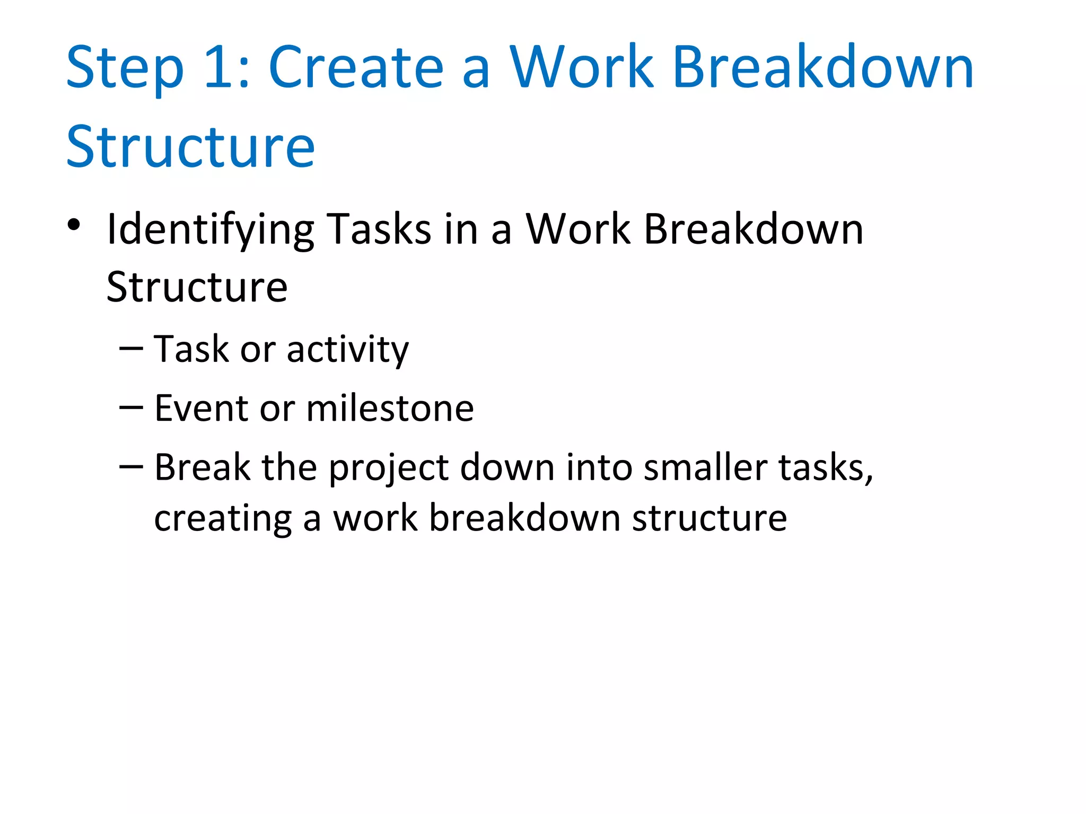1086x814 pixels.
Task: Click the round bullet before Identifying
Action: tap(74, 225)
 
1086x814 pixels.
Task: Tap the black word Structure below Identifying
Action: tap(197, 287)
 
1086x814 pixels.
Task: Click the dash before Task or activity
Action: tap(131, 348)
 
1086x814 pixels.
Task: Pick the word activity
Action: tap(348, 350)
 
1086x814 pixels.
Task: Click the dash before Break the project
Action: tap(131, 466)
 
